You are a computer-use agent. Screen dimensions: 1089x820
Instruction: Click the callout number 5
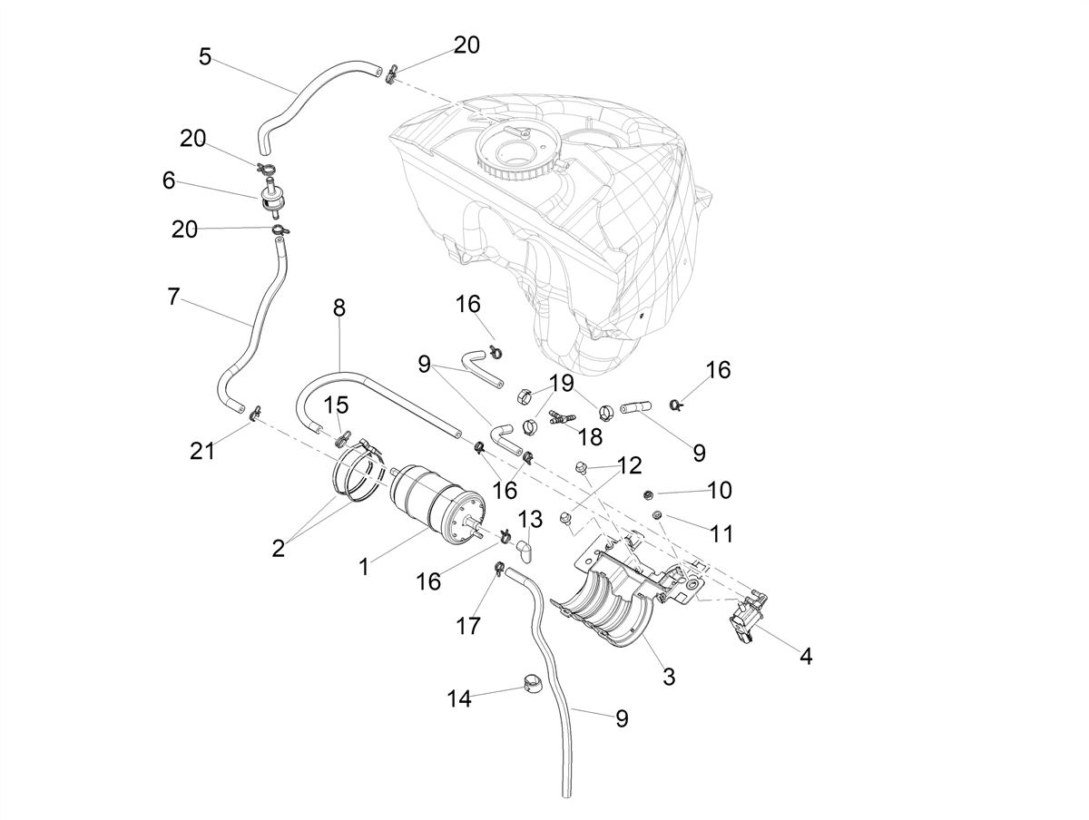coord(205,56)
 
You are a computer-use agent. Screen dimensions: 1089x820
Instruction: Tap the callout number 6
coord(169,181)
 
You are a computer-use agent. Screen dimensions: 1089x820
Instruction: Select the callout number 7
coord(172,297)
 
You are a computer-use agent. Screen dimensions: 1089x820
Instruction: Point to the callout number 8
coord(338,307)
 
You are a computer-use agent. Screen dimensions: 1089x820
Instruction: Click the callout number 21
coord(202,451)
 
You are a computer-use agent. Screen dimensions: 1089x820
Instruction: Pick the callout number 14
coord(459,699)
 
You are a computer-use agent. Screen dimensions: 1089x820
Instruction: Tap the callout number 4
coord(806,657)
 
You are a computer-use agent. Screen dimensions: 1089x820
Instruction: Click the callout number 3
coord(669,676)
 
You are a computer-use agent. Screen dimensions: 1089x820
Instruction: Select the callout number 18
coord(591,437)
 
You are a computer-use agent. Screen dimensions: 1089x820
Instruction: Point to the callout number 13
coord(530,520)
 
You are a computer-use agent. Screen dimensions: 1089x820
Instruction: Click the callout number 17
coord(468,626)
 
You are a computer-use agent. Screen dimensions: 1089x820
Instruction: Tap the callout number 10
coord(720,490)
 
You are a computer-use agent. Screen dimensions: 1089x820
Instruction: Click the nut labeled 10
coord(647,494)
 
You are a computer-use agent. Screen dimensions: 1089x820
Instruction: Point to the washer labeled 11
coord(658,514)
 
